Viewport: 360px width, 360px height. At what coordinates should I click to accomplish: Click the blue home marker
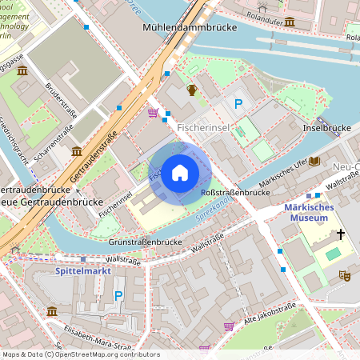[x=180, y=173]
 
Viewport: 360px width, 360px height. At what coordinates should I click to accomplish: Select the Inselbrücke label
[x=327, y=128]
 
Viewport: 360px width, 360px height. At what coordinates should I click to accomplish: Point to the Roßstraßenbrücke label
[x=233, y=193]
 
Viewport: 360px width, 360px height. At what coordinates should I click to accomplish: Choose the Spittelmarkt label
[x=82, y=271]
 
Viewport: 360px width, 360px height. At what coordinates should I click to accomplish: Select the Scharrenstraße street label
[x=55, y=137]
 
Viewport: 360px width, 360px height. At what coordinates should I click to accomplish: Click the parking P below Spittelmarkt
[x=119, y=296]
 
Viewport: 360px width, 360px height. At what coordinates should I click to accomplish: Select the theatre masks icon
[x=345, y=275]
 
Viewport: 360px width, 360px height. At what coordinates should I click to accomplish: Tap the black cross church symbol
[x=340, y=234]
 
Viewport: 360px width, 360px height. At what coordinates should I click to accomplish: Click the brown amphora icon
[x=192, y=90]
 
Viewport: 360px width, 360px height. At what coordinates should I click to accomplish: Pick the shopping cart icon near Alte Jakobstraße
[x=229, y=326]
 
